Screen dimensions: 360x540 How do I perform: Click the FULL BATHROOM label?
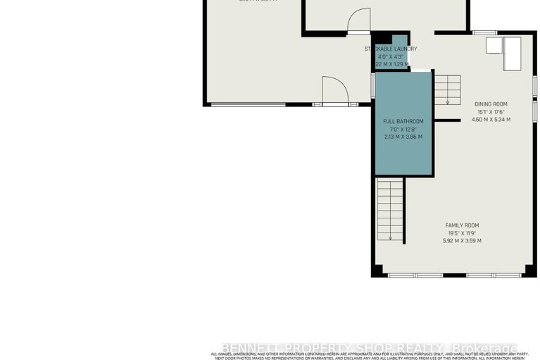pos(403,121)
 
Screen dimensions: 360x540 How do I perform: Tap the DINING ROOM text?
pos(490,104)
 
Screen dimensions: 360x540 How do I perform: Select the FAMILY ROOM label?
pos(462,225)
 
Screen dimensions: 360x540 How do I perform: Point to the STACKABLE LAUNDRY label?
pos(391,49)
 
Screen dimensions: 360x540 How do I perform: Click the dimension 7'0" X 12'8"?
pos(403,129)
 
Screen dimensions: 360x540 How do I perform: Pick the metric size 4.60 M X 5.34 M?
pos(490,119)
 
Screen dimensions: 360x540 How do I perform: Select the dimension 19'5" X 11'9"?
pos(462,233)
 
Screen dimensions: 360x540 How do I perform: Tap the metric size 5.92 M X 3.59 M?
pos(462,241)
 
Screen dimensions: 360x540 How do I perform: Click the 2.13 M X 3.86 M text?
pos(403,137)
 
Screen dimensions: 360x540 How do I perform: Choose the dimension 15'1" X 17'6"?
pos(490,112)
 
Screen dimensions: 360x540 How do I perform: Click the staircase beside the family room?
pos(389,210)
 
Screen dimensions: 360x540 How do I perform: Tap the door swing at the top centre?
pos(358,20)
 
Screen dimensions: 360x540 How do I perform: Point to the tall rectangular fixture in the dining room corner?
pos(510,54)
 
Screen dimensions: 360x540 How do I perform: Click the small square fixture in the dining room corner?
pos(493,46)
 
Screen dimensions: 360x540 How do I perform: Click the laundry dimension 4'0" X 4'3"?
pos(391,56)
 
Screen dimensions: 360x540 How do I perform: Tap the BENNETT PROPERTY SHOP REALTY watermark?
pos(370,348)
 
